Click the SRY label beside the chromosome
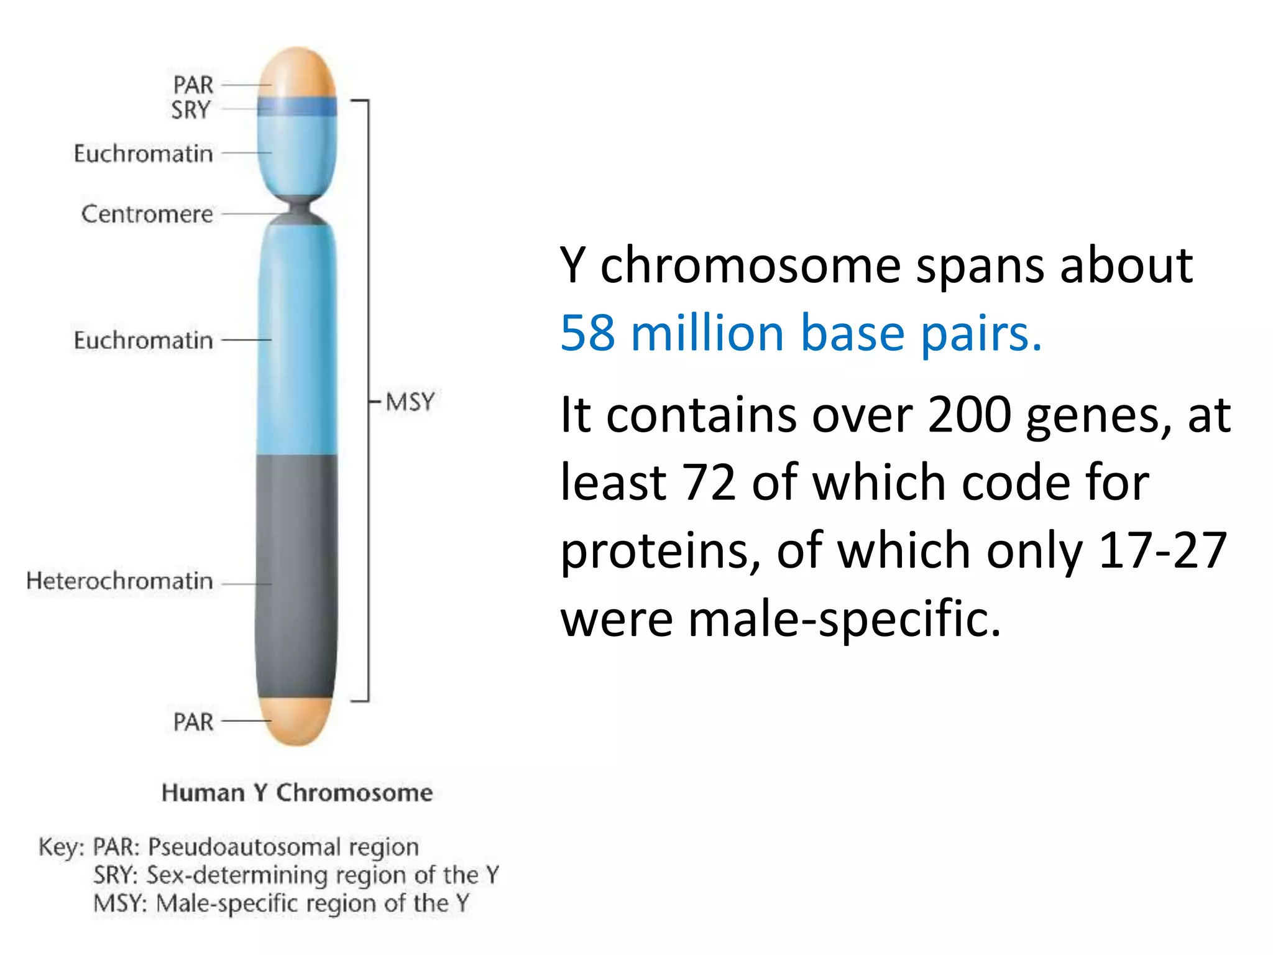pyautogui.click(x=191, y=110)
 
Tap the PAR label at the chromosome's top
pyautogui.click(x=193, y=85)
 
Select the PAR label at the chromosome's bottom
pyautogui.click(x=193, y=722)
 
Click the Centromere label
pyautogui.click(x=147, y=214)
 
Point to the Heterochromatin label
pyautogui.click(x=119, y=581)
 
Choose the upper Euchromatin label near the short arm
pyautogui.click(x=143, y=154)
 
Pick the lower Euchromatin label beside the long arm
pyautogui.click(x=143, y=341)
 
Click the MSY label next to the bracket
pyautogui.click(x=410, y=402)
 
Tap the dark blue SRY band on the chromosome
pyautogui.click(x=297, y=107)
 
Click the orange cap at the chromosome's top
pyautogui.click(x=297, y=72)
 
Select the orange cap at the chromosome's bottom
pyautogui.click(x=297, y=721)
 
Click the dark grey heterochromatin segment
pyautogui.click(x=297, y=575)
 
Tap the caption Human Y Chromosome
pyautogui.click(x=297, y=793)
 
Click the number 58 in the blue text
pyautogui.click(x=587, y=333)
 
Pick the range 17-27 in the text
pyautogui.click(x=1162, y=550)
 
